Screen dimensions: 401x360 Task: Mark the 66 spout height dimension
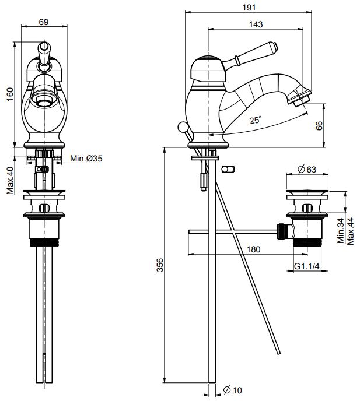(x=319, y=126)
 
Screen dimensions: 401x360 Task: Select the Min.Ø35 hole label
(x=86, y=159)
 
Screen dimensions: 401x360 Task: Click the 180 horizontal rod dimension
(x=253, y=249)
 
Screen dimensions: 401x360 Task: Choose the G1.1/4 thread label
(x=306, y=266)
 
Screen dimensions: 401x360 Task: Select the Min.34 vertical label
(x=340, y=231)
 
